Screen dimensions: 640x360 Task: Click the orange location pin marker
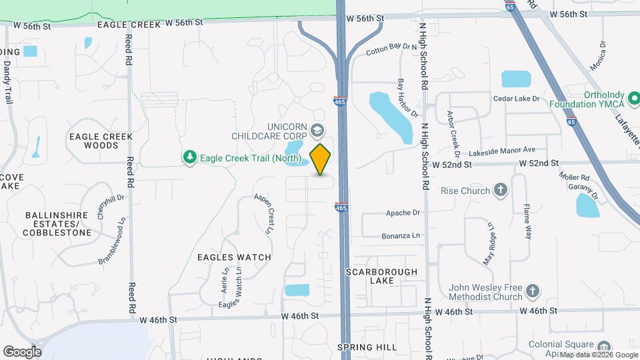(321, 159)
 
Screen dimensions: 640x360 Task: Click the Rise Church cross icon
(501, 191)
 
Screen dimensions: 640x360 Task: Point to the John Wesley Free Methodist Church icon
(531, 290)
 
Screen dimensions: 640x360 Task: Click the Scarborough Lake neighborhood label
(382, 276)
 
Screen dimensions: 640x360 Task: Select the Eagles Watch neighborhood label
(234, 257)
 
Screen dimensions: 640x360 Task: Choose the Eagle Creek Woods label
(101, 141)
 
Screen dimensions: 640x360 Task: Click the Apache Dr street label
(403, 213)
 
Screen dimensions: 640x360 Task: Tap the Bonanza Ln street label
(401, 236)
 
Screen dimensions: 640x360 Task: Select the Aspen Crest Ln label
(263, 213)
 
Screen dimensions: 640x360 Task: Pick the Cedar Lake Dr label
(515, 99)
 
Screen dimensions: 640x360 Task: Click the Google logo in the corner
(22, 351)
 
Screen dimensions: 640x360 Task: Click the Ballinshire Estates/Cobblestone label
(58, 224)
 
